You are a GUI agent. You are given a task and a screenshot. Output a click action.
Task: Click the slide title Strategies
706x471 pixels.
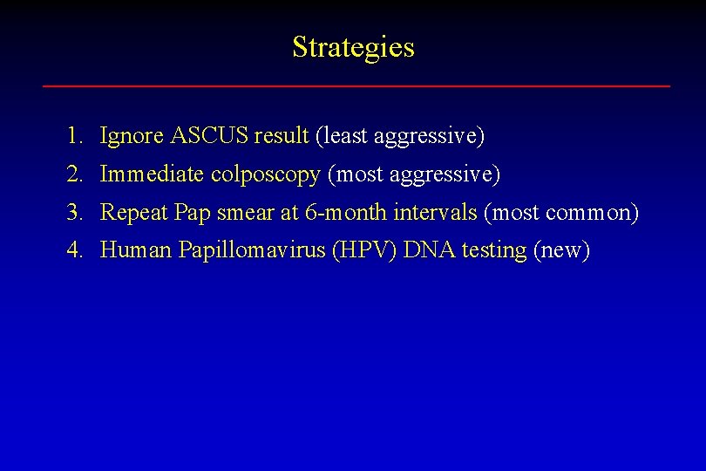coord(353,47)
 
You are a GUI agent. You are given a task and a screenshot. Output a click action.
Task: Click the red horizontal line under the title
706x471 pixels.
coord(356,85)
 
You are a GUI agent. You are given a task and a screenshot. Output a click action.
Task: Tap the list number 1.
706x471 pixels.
coord(73,136)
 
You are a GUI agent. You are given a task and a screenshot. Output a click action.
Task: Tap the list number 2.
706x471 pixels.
coord(73,174)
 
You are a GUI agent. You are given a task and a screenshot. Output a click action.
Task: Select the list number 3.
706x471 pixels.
coord(73,213)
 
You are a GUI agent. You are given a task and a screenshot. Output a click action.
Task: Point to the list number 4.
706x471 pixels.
coord(73,251)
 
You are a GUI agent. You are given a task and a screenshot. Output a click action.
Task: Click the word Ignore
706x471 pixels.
coord(132,136)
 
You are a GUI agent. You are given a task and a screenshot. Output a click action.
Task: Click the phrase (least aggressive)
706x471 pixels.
coord(400,136)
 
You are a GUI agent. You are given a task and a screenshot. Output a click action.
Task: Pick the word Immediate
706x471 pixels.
coord(153,174)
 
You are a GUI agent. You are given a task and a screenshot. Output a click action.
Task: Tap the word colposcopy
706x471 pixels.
coord(266,175)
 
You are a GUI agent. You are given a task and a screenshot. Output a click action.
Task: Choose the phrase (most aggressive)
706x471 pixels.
coord(413,175)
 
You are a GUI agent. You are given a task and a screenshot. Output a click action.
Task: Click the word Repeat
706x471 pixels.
coord(134,213)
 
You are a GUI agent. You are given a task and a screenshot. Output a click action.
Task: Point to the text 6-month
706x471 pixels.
coord(347,213)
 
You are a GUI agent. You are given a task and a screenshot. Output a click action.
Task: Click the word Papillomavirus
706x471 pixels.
coord(252,251)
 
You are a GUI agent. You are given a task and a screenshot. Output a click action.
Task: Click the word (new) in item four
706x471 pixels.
coord(561,251)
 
